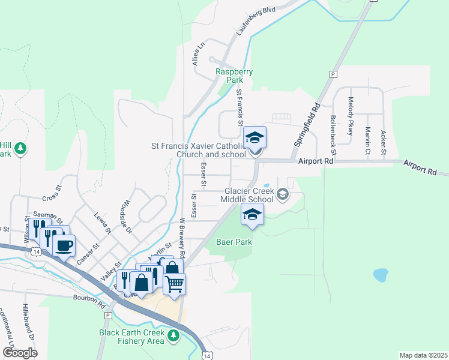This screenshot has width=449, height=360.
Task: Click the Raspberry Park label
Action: click(x=234, y=75)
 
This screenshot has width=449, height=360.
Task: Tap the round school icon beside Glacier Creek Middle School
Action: click(x=283, y=194)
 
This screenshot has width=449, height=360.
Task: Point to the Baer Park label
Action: click(x=234, y=242)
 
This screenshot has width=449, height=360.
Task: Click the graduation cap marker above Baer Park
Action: click(x=253, y=214)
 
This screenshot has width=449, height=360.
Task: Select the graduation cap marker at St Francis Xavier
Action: click(x=255, y=137)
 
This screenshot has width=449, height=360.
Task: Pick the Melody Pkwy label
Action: click(x=350, y=112)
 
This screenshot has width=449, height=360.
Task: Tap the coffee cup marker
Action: click(x=64, y=244)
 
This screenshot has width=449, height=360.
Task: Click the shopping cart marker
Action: click(x=174, y=284)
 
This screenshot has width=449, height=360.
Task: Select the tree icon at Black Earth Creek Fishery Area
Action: click(x=173, y=335)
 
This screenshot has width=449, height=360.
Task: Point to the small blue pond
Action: click(x=381, y=275)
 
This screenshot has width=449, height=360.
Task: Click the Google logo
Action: click(x=20, y=352)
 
